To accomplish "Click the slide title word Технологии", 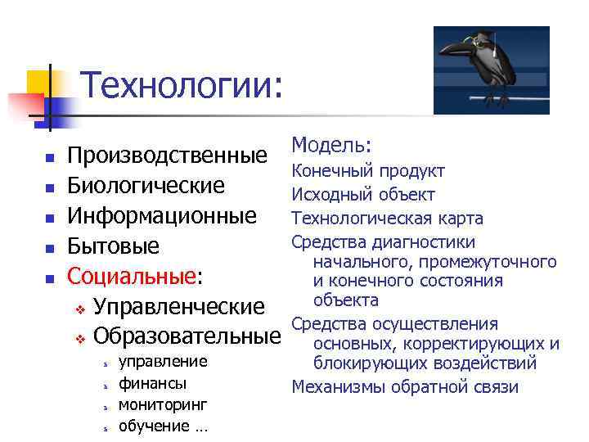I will (x=182, y=85).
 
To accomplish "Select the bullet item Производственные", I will (x=167, y=156).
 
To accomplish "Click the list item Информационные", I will (x=162, y=217).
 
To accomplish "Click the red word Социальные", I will (x=132, y=277).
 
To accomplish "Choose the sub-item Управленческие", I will (x=179, y=307).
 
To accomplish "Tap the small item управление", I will (x=163, y=362).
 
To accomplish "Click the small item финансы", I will (x=152, y=383).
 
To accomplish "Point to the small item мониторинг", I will (x=163, y=404).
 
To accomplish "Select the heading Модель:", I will (x=332, y=146).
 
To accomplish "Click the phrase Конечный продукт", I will (x=368, y=171).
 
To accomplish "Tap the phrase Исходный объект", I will (x=363, y=195).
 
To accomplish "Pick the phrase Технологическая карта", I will (x=387, y=219).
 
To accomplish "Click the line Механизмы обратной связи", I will (x=405, y=387).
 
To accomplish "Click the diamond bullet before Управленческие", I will (x=80, y=309).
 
